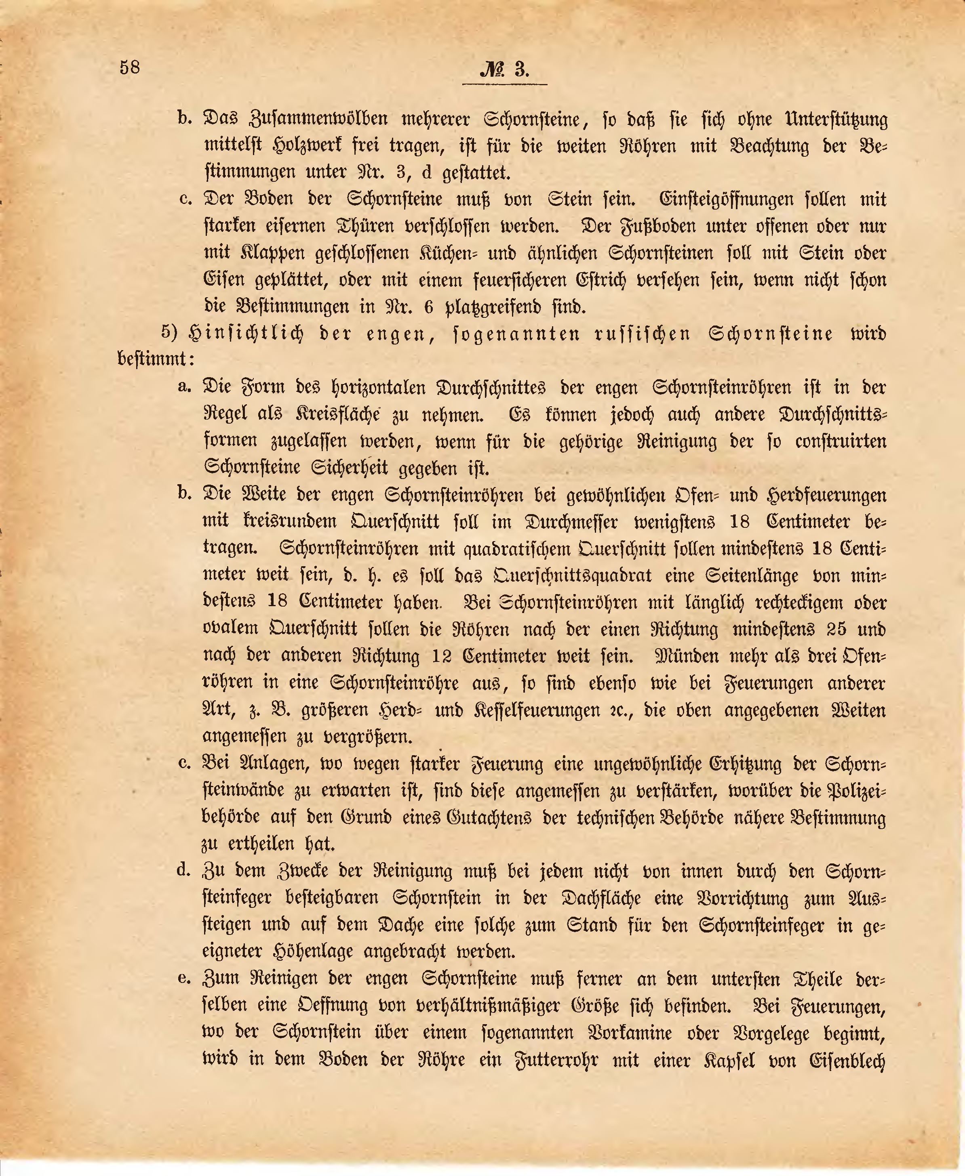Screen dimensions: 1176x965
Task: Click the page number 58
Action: click(130, 68)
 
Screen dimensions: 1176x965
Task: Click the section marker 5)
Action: click(169, 333)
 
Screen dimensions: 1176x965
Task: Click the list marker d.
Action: click(183, 870)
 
